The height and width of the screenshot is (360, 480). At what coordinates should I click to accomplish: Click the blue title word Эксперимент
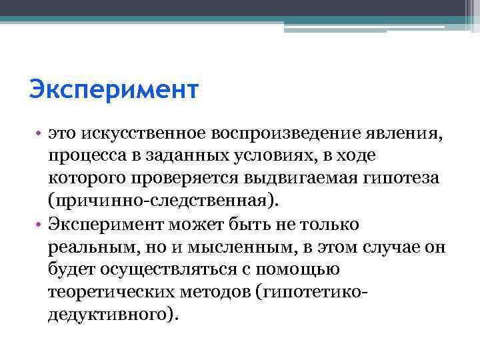tap(114, 89)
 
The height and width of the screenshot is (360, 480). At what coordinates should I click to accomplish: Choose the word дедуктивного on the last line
tap(109, 314)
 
